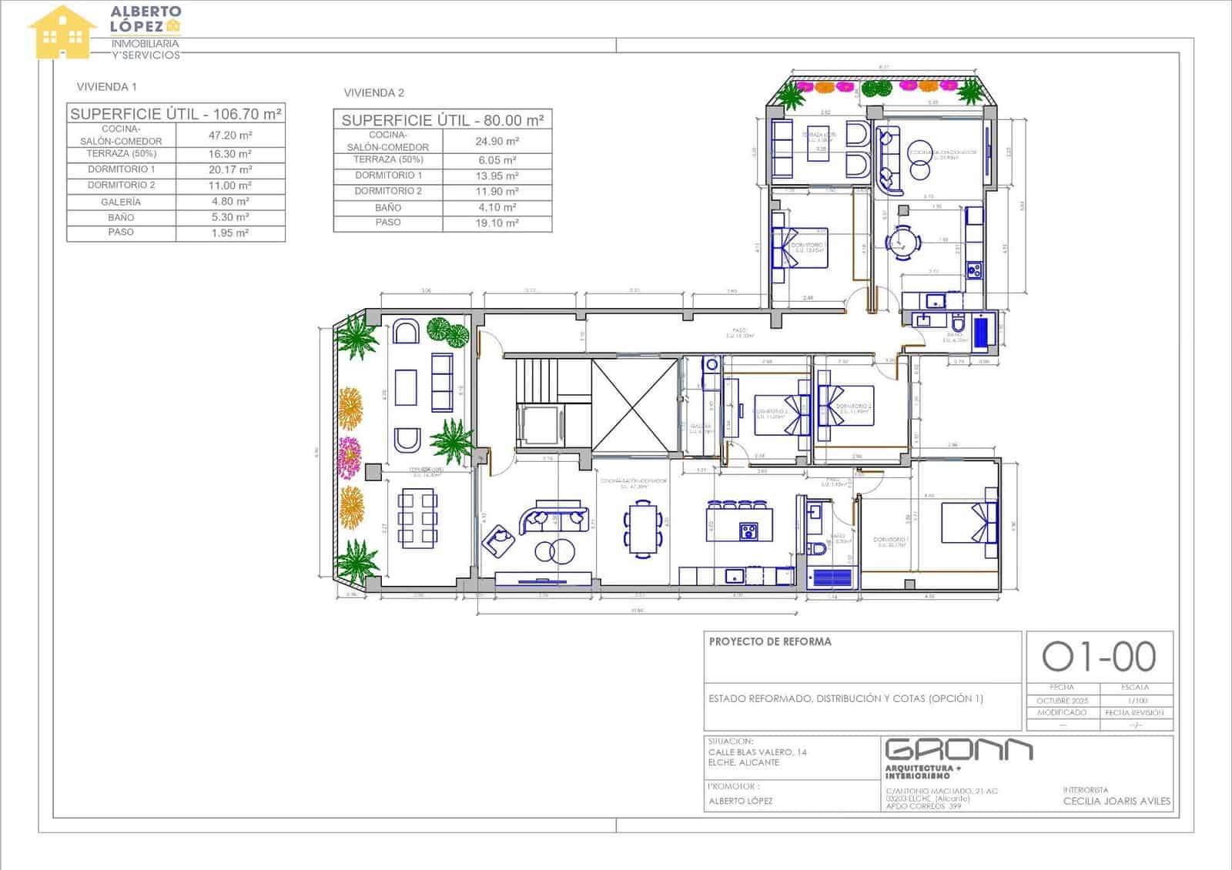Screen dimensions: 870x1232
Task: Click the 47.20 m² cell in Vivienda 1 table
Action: click(x=229, y=136)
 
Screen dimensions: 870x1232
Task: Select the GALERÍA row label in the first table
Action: click(x=121, y=202)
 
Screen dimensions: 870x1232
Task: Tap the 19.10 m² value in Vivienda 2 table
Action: click(x=497, y=223)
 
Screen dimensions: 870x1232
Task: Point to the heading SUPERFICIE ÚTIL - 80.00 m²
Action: click(x=443, y=120)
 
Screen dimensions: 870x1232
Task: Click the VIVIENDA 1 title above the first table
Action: click(x=106, y=87)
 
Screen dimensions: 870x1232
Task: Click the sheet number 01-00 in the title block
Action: click(x=1099, y=657)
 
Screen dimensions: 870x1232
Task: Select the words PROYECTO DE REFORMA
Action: click(x=770, y=641)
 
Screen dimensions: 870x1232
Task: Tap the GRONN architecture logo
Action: click(x=959, y=751)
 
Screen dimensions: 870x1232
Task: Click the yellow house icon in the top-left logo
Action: click(x=62, y=33)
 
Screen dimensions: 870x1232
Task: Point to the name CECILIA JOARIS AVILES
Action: click(x=1116, y=801)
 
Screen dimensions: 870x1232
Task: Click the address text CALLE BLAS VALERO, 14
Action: click(x=758, y=752)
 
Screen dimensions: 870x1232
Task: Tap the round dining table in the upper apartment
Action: click(x=902, y=243)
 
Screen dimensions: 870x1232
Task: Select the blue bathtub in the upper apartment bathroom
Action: click(x=982, y=332)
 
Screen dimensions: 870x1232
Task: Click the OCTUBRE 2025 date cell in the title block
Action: click(x=1062, y=701)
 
